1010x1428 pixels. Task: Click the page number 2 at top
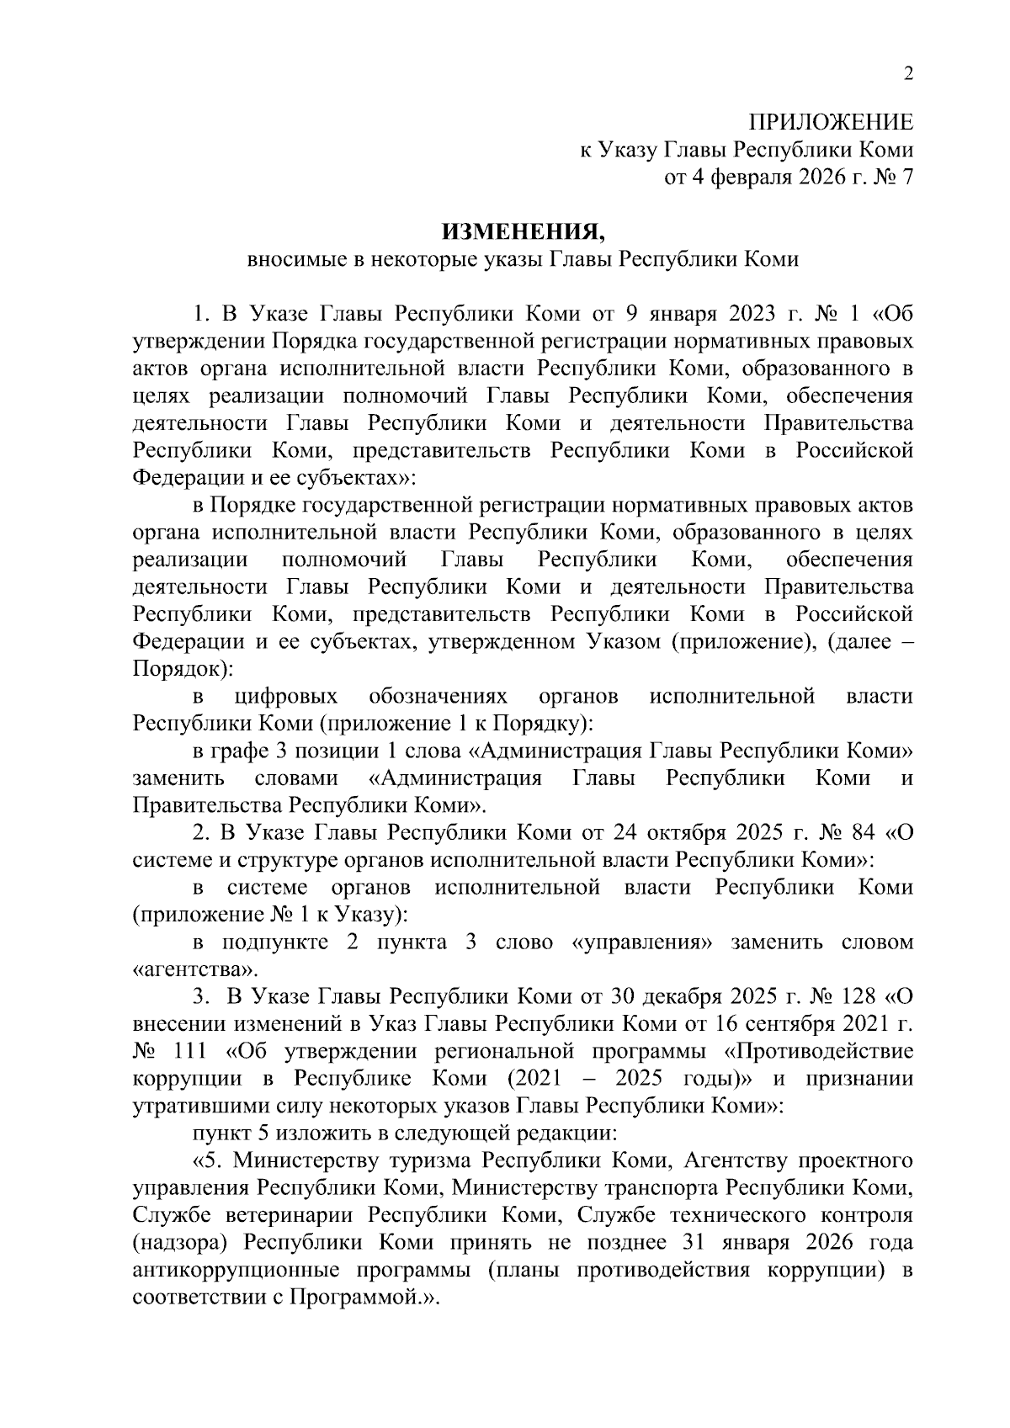(x=907, y=74)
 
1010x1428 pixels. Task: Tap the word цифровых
(x=285, y=697)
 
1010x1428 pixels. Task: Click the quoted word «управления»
(x=641, y=942)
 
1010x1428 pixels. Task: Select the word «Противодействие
(x=819, y=1052)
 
